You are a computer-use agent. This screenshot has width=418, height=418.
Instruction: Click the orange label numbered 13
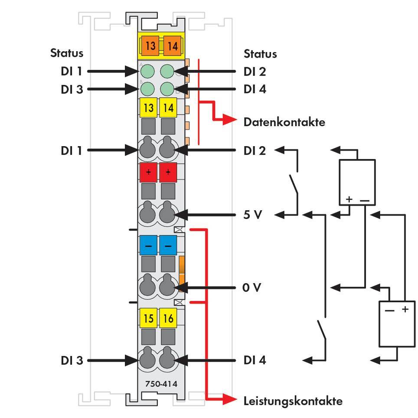point(150,46)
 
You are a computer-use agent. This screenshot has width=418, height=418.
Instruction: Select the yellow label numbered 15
point(148,319)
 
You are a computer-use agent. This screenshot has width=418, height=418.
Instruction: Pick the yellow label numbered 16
point(168,319)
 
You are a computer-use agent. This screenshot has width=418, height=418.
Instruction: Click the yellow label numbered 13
point(148,108)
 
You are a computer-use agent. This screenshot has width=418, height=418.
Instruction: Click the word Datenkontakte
point(284,122)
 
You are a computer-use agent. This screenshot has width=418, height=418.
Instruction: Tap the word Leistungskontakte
point(293,401)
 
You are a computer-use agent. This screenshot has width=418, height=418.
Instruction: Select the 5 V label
point(252,214)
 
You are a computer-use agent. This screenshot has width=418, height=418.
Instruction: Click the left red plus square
point(148,173)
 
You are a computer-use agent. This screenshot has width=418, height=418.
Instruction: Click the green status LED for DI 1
point(148,71)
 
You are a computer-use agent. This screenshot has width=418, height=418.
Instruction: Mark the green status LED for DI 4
point(167,89)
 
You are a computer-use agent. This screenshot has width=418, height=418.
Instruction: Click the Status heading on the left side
point(67,53)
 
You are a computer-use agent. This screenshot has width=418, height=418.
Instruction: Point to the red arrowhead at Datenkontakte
point(229,121)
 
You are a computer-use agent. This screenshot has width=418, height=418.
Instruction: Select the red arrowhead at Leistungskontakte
point(229,399)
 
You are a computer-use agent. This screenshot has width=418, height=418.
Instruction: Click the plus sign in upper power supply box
point(349,200)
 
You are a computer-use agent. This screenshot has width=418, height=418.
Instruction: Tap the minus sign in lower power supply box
point(389,310)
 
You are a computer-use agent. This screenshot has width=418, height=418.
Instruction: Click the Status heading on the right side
point(260,54)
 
